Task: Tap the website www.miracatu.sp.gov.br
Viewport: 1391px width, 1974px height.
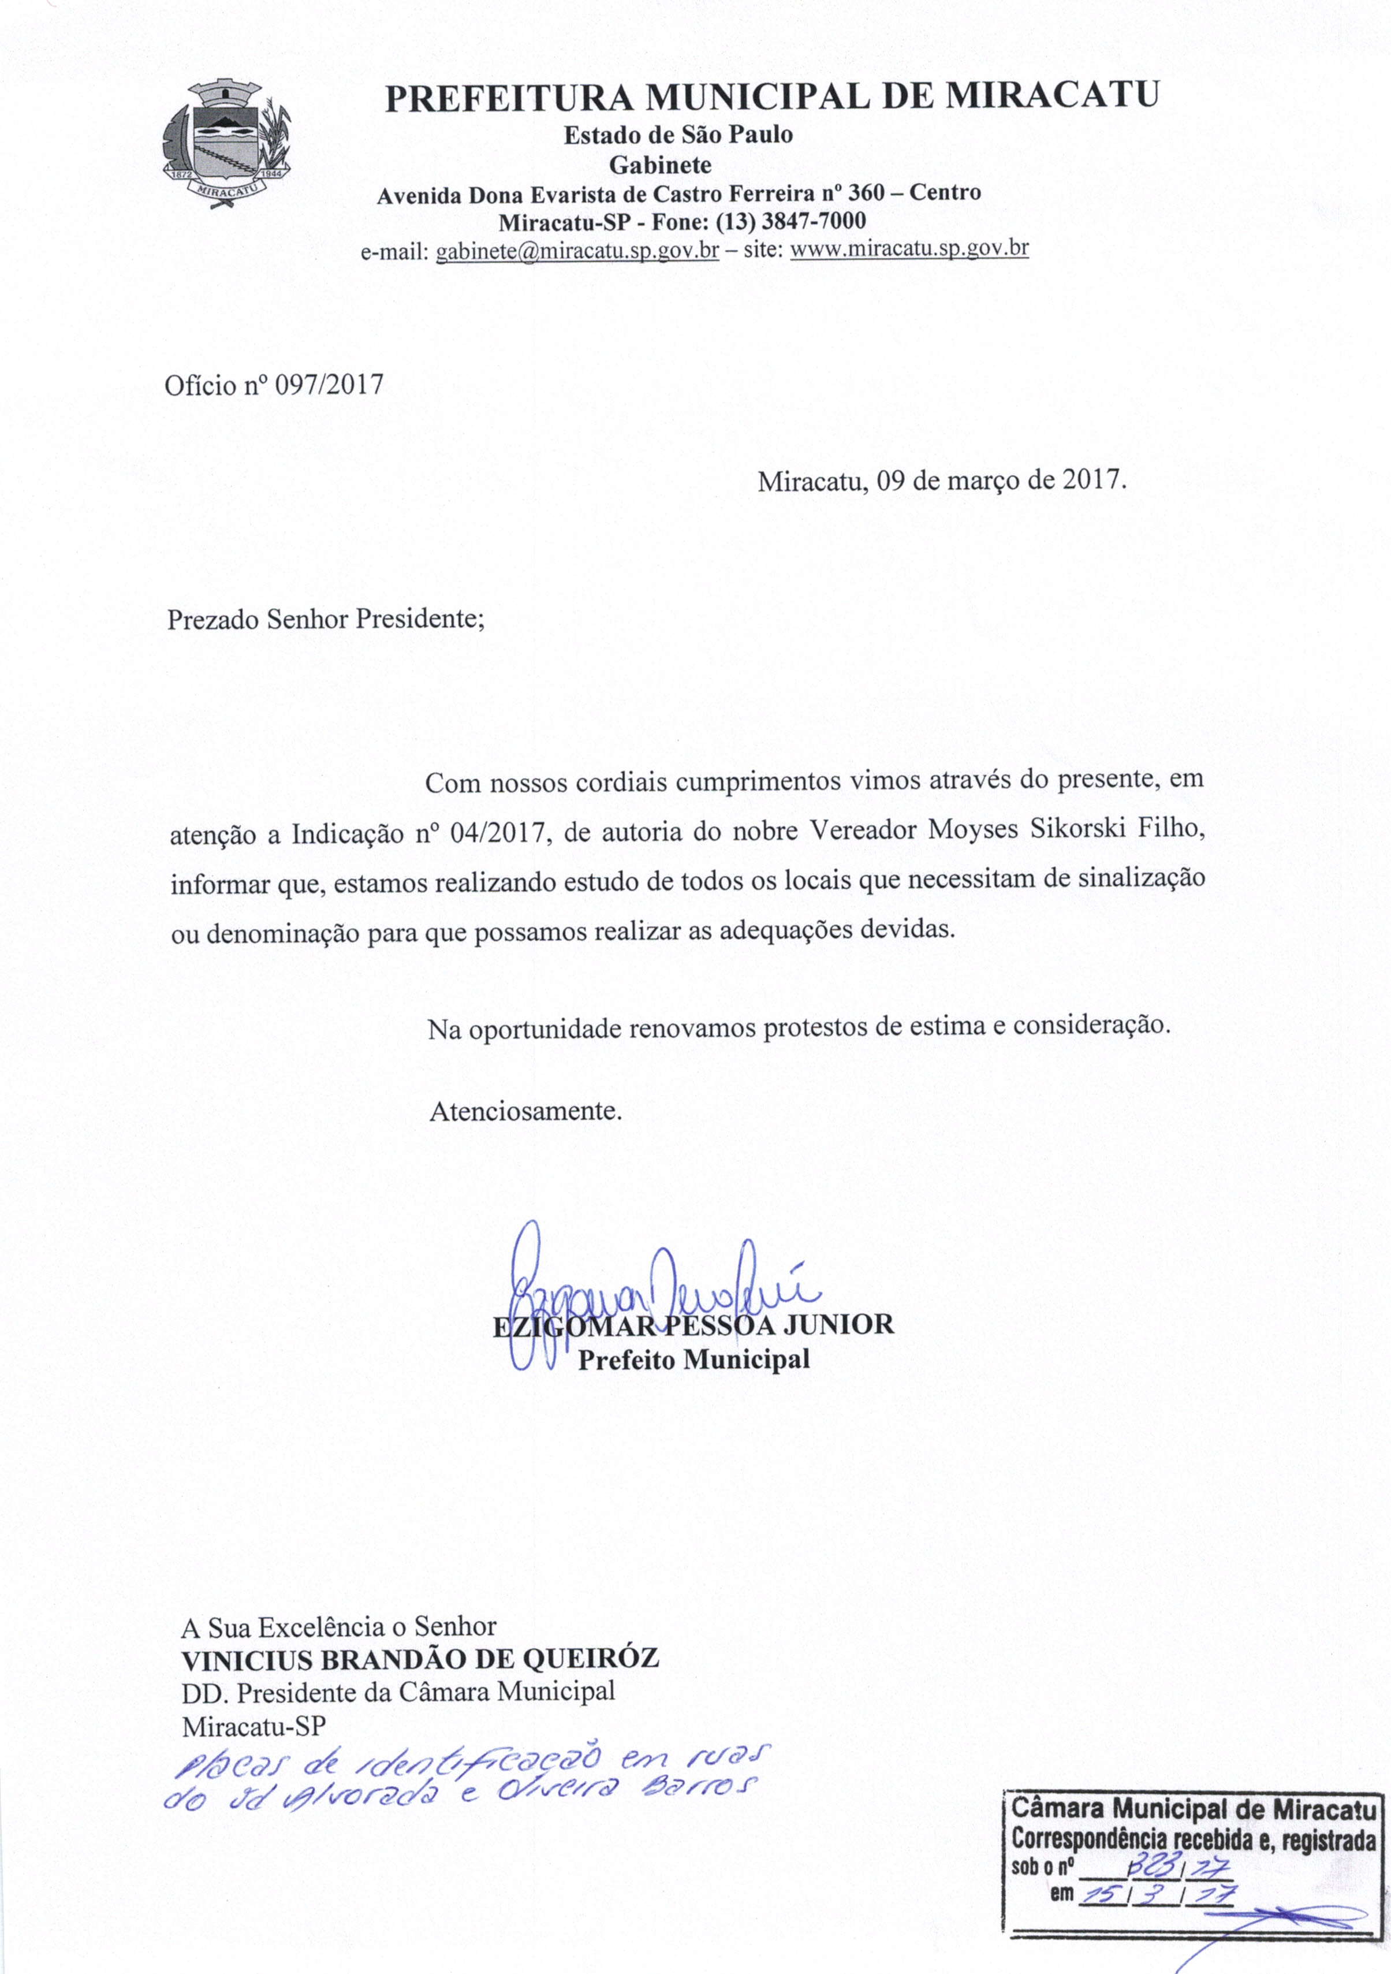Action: pyautogui.click(x=909, y=249)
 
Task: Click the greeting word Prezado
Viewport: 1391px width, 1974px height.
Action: pyautogui.click(x=213, y=620)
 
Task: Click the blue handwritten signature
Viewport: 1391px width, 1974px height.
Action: pyautogui.click(x=654, y=1294)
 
